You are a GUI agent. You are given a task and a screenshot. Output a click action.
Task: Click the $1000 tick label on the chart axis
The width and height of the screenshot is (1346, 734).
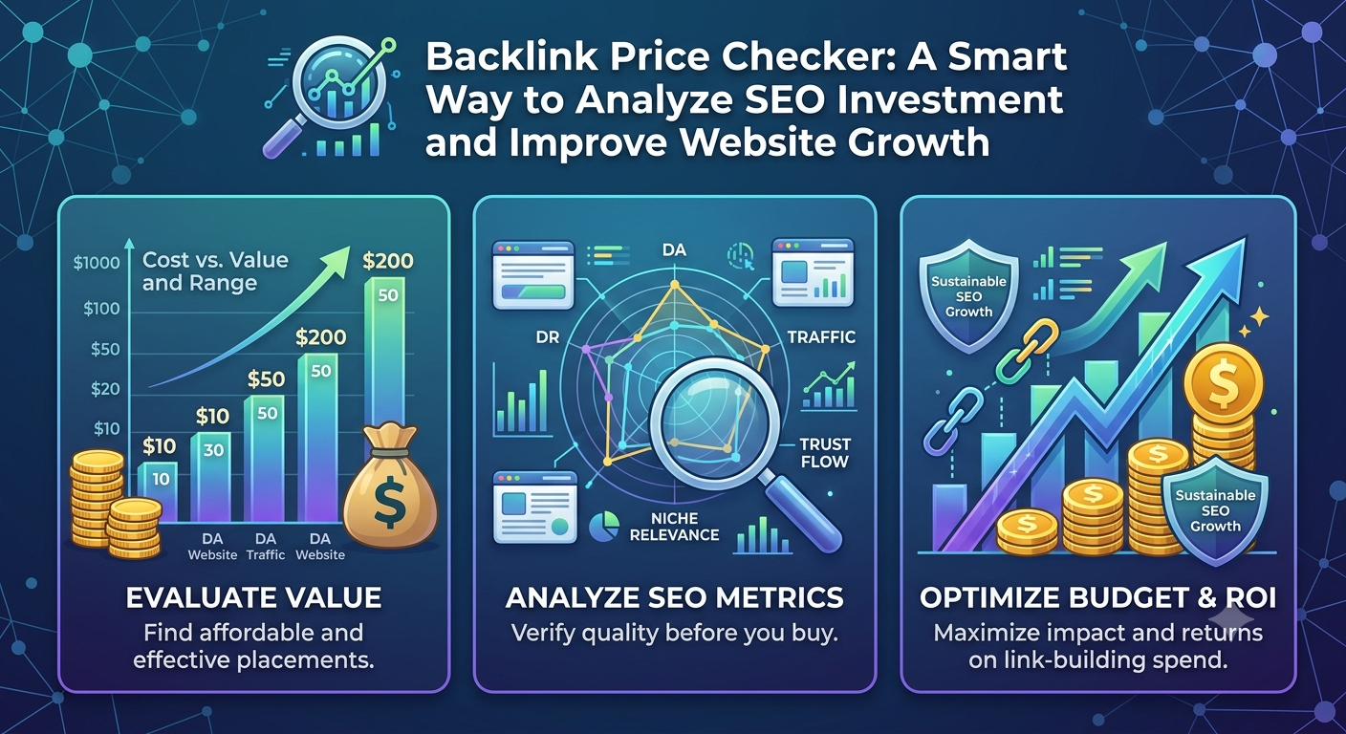[97, 263]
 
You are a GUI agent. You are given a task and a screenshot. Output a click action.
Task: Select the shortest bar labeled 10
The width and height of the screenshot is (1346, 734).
[158, 491]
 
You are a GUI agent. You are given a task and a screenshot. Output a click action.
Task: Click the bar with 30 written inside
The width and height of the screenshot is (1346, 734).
[210, 476]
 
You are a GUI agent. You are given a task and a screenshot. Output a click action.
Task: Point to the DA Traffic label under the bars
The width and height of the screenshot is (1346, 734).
[266, 547]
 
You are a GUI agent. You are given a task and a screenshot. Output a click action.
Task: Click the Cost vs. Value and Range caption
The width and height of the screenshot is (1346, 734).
[215, 270]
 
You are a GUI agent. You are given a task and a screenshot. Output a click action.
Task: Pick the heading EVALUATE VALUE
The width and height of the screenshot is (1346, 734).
[253, 597]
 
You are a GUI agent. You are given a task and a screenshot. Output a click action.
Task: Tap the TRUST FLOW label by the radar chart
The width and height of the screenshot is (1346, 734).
[824, 453]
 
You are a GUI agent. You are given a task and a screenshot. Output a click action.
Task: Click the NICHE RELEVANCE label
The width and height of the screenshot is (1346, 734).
[674, 527]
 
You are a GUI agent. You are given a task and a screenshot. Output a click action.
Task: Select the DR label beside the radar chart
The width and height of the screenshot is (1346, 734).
[548, 337]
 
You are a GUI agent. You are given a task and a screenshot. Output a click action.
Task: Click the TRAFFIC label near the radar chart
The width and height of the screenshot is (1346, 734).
[821, 337]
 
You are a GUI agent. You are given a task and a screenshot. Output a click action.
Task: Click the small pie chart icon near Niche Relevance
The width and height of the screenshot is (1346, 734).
[604, 527]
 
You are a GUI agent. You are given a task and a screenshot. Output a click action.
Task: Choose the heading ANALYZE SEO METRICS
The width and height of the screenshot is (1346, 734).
[674, 597]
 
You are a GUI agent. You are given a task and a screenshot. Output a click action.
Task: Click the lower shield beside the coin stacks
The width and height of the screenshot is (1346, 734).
[1215, 510]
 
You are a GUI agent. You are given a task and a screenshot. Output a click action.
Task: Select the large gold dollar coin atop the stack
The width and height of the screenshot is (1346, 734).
[1223, 382]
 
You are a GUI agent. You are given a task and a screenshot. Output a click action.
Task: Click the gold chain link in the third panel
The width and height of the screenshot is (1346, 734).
[1027, 351]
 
